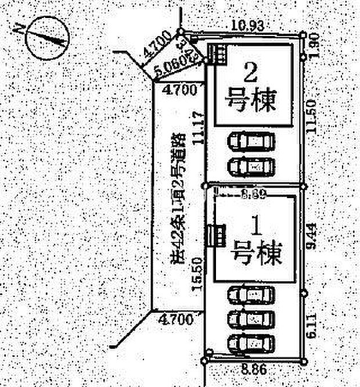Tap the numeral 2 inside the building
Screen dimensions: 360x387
tap(250, 73)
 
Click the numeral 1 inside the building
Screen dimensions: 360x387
tap(254, 225)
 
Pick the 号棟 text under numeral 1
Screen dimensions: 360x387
tap(255, 254)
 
